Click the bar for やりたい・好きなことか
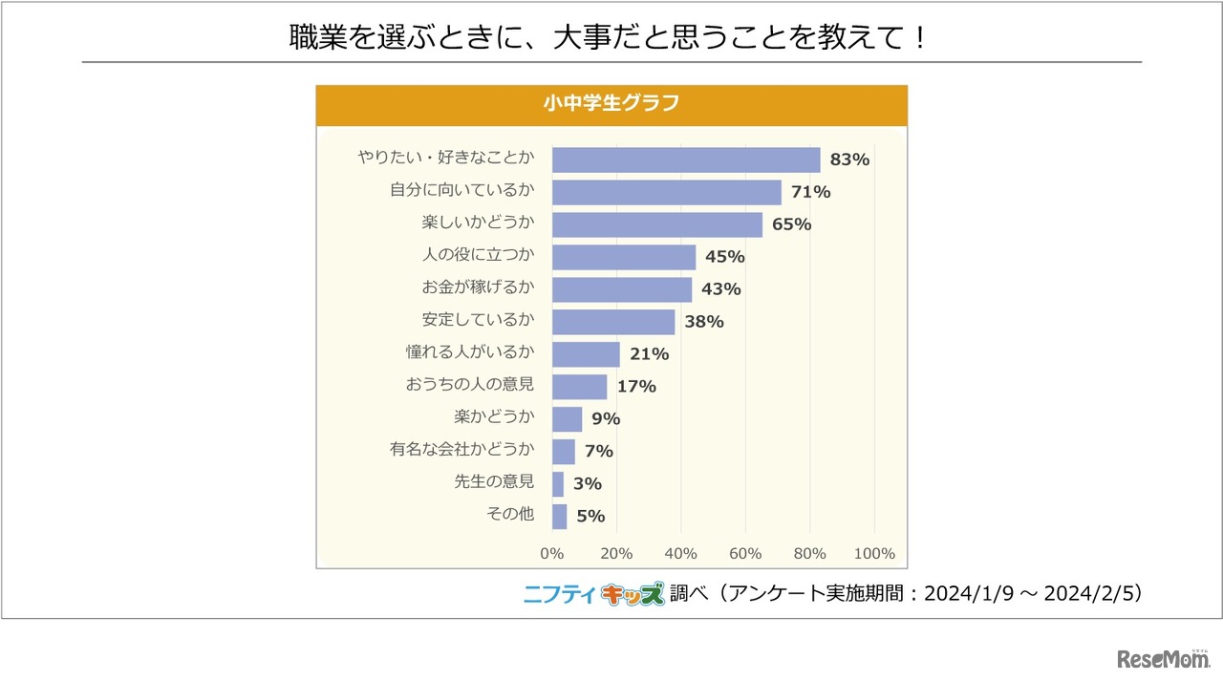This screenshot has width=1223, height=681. pos(686,160)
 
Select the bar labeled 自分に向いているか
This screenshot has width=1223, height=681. pos(666,192)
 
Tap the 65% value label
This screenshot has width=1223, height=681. pos(791,224)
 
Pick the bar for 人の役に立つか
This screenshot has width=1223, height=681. pos(624,257)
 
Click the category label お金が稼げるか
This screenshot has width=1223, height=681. pos(478,288)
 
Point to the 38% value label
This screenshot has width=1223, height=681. pos(703,322)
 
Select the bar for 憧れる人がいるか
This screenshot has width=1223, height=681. pos(586,354)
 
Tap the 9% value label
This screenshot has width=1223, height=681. pos(606,418)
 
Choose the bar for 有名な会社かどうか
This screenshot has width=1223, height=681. pos(564,451)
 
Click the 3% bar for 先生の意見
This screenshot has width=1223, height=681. pos(558,483)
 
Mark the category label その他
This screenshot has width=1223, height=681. pos(510,515)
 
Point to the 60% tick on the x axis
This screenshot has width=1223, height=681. pos(745,554)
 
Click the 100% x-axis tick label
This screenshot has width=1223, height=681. pos(874,554)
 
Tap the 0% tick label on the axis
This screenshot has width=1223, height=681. pos(552,554)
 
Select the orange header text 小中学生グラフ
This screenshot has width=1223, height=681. pos(611,104)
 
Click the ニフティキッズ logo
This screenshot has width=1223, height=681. pos(592,594)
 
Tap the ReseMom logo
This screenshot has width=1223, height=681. pos(1161,660)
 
